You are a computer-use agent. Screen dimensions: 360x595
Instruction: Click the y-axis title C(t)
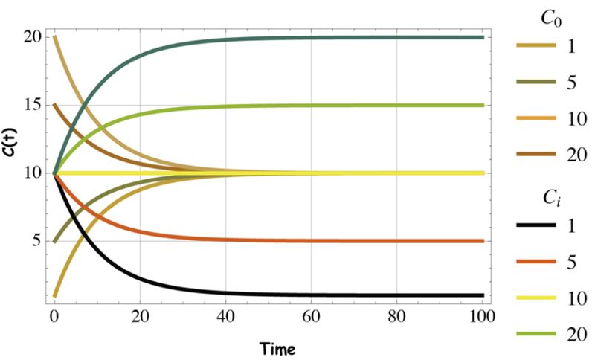tap(14, 173)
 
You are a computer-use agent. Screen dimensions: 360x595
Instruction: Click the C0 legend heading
tap(547, 17)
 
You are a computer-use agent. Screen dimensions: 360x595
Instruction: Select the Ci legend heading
tap(547, 199)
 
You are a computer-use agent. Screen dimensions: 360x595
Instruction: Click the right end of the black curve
tap(483, 295)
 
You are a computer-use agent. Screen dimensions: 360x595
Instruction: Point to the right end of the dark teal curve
tap(483, 37)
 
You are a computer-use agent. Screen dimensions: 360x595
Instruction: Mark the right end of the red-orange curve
tap(483, 241)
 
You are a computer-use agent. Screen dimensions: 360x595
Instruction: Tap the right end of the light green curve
tap(483, 106)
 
